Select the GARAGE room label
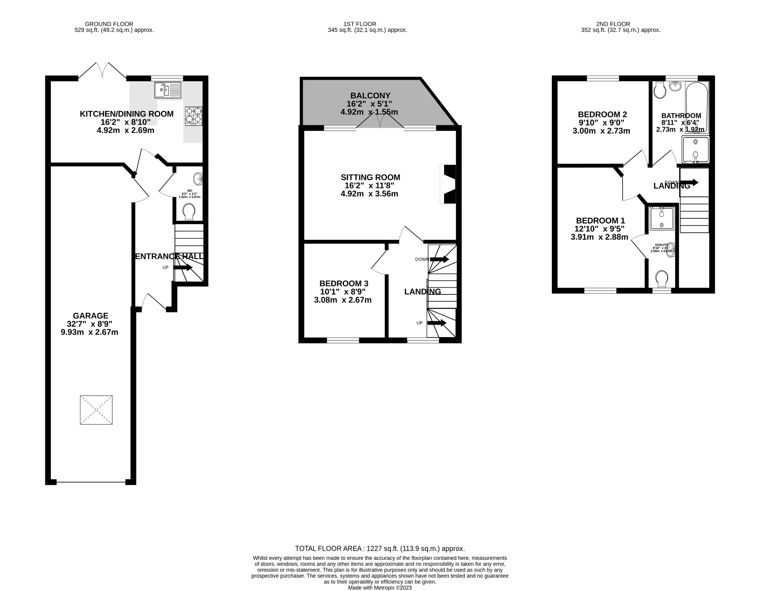click(91, 316)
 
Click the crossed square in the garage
click(96, 410)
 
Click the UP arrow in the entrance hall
click(183, 267)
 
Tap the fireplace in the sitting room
click(449, 184)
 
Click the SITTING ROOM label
click(370, 177)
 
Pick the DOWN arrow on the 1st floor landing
click(439, 259)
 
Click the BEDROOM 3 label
click(344, 284)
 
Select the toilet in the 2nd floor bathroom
click(659, 90)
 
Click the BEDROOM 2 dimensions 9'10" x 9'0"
click(602, 123)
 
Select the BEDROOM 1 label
click(600, 221)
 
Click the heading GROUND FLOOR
click(109, 24)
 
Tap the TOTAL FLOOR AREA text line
click(380, 548)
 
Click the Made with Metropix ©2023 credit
click(380, 588)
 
